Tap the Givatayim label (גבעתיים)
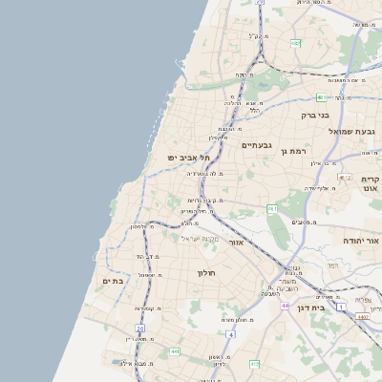point(257,145)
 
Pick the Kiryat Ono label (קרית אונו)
point(371,184)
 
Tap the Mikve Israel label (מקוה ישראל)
point(199,238)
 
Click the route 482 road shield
point(296,43)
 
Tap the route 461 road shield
point(272,207)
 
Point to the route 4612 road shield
point(345,177)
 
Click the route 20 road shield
point(139,328)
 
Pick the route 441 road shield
point(175,351)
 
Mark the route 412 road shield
point(254,364)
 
